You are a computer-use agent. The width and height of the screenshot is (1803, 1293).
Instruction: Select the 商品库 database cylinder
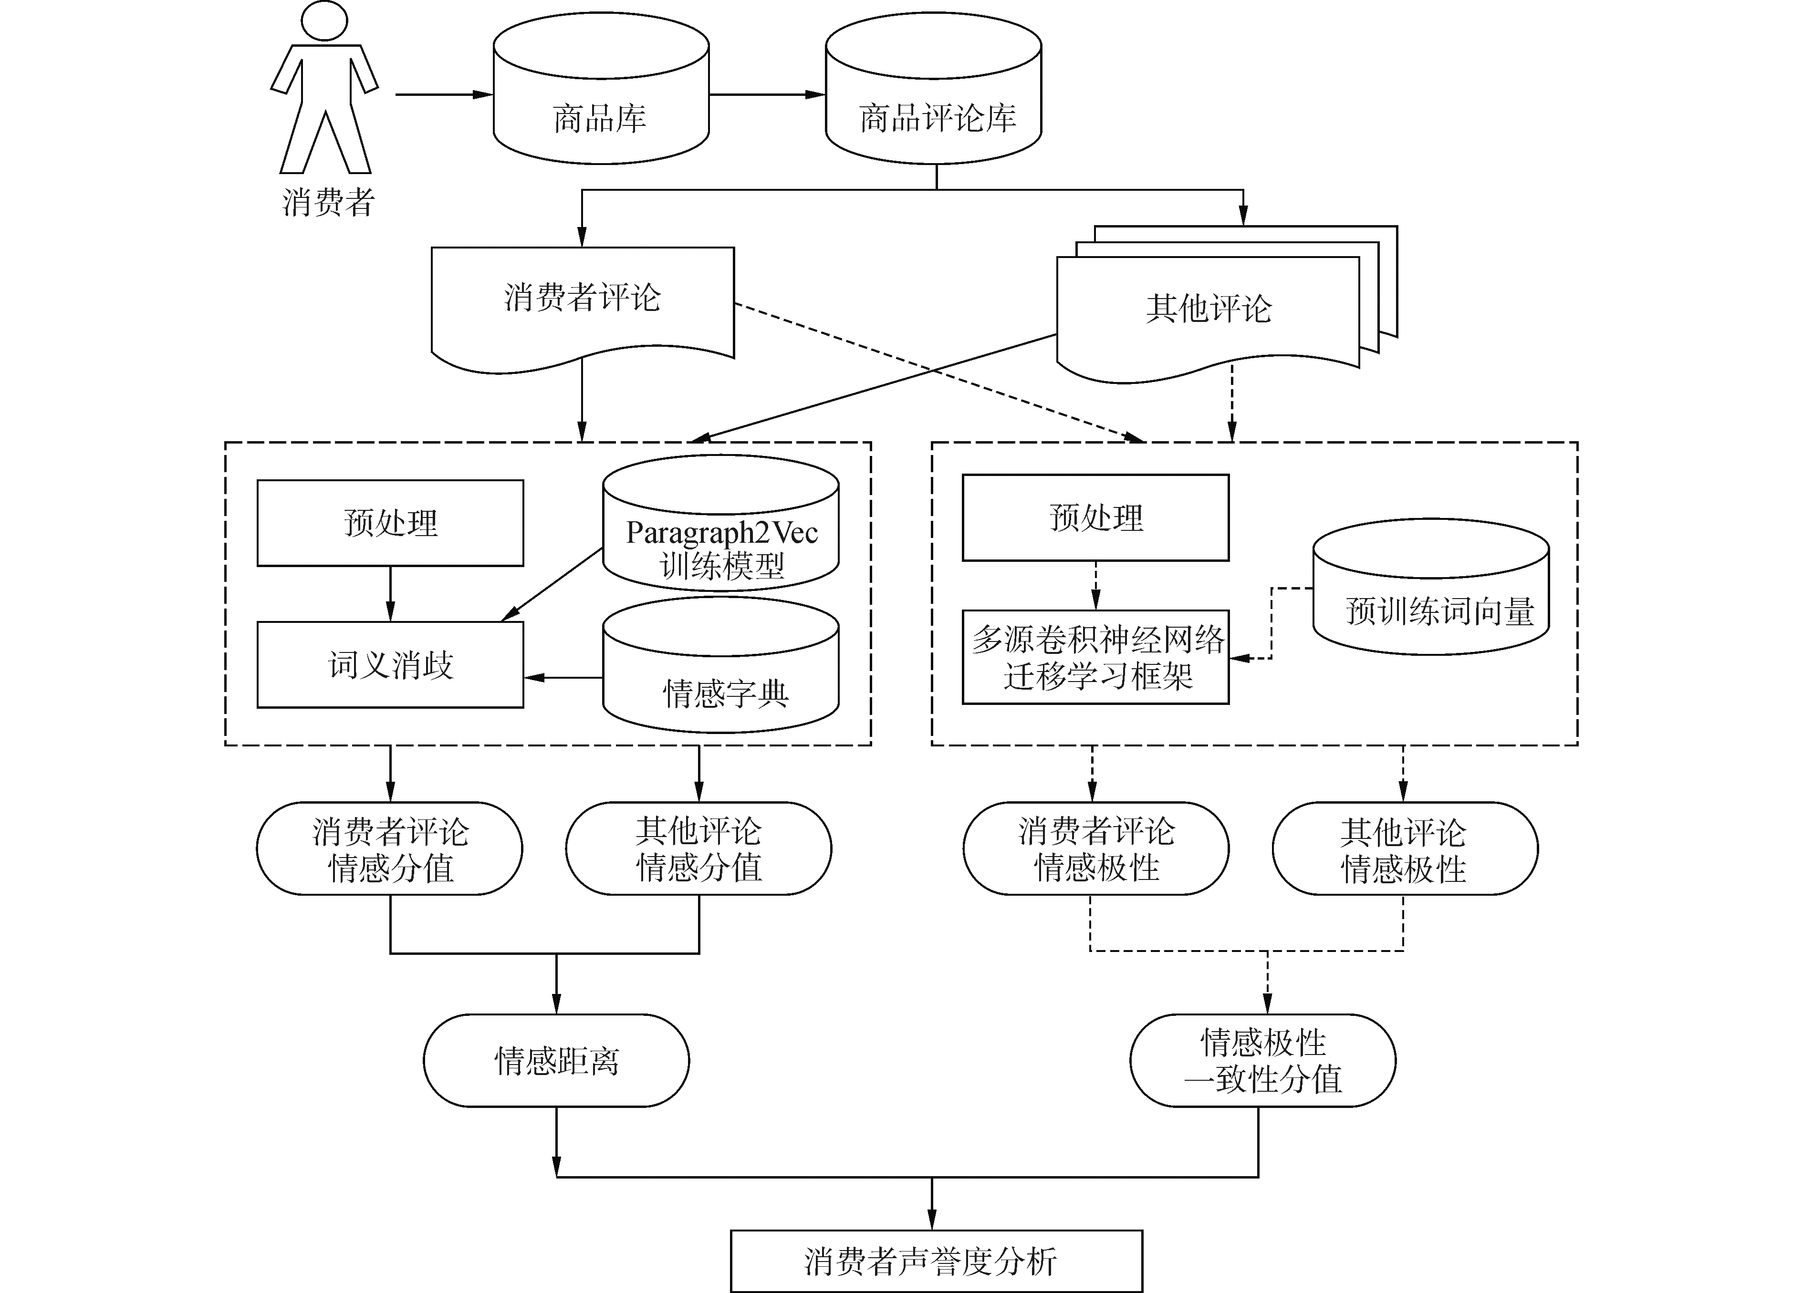click(x=601, y=88)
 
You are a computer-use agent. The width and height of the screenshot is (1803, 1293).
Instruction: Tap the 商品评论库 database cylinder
click(x=933, y=88)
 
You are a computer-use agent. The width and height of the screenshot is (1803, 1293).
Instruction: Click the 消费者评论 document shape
click(x=583, y=310)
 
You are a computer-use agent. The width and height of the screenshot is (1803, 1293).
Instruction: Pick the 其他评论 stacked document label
click(x=1209, y=309)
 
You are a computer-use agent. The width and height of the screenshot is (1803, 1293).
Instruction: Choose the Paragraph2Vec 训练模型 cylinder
click(x=721, y=523)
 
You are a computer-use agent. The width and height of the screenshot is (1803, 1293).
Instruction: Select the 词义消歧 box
click(x=390, y=664)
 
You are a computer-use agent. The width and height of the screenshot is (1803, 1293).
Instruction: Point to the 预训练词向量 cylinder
click(x=1431, y=587)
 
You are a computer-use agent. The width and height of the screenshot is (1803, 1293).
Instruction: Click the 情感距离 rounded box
click(x=556, y=1061)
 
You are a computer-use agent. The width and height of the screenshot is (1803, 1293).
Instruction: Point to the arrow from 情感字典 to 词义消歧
click(x=563, y=678)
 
